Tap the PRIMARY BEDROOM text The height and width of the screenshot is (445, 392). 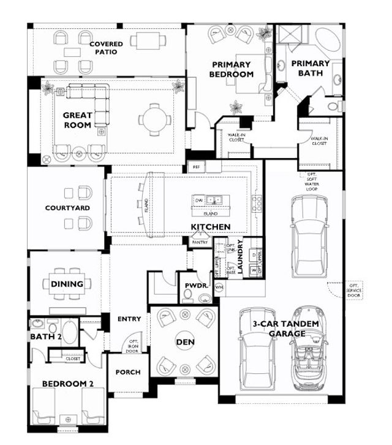(232, 69)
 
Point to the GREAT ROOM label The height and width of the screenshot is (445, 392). (77, 120)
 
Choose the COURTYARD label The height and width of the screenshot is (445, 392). (67, 208)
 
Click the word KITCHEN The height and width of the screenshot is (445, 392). (211, 227)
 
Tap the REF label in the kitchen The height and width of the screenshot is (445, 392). (196, 167)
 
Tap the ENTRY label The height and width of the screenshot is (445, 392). (129, 319)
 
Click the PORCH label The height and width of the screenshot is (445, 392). (128, 372)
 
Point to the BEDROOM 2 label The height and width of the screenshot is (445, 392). (67, 384)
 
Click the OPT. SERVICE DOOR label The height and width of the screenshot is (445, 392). (354, 291)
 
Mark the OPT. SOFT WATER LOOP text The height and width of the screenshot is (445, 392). (312, 181)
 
